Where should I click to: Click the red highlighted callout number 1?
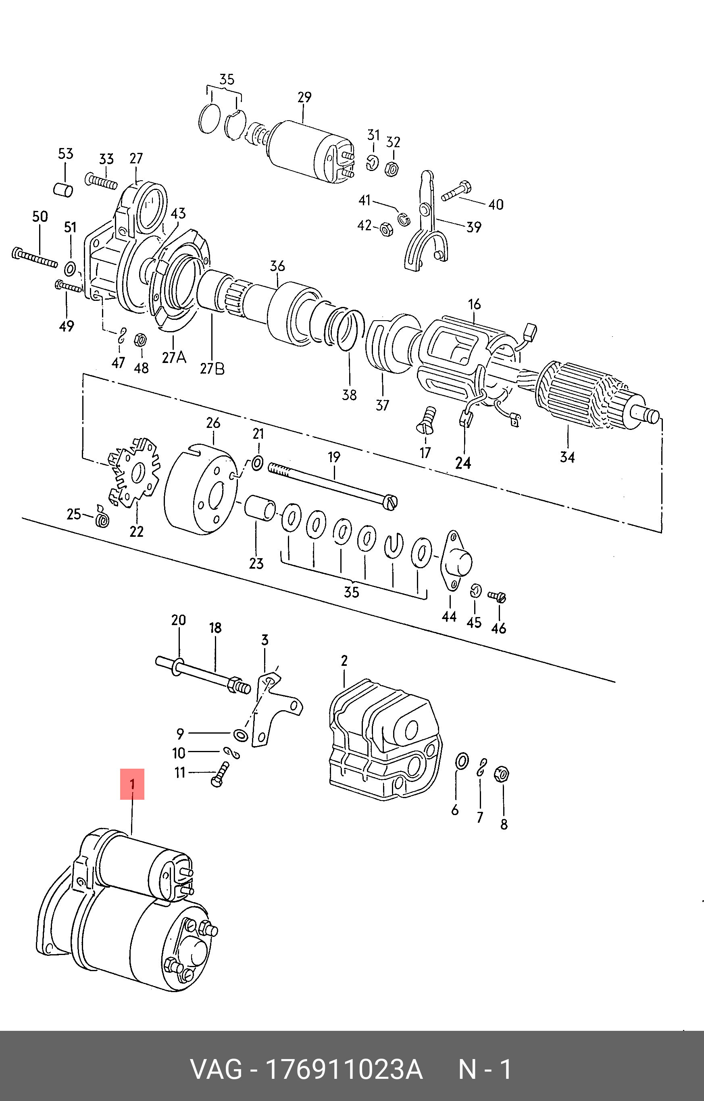point(132,784)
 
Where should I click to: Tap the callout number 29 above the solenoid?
point(304,97)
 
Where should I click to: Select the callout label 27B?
point(212,368)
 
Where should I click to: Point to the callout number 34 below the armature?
point(567,457)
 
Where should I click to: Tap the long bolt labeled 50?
point(35,258)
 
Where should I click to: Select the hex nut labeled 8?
point(502,774)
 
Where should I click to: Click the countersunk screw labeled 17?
point(427,419)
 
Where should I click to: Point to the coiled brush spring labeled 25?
point(102,517)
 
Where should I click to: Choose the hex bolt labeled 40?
point(456,191)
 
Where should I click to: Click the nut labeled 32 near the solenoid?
point(392,169)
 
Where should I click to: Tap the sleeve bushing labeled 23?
point(260,507)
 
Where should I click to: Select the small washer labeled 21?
point(257,463)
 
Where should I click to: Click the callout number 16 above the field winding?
point(474,304)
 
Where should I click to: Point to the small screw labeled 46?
point(497,596)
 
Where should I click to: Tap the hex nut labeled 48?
point(140,340)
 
